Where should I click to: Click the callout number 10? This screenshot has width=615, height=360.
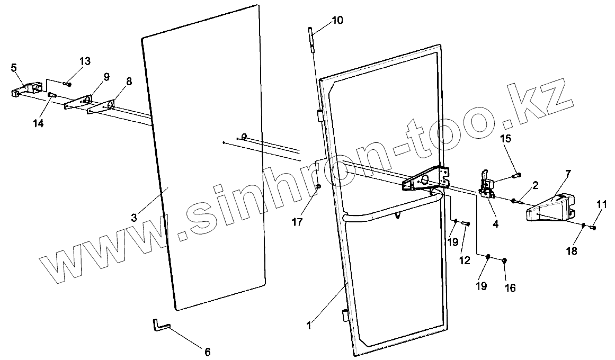(x=337, y=21)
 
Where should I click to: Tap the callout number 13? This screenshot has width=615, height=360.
(x=85, y=61)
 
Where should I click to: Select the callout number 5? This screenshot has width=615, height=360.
(x=13, y=67)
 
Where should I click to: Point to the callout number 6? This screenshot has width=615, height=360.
(x=207, y=351)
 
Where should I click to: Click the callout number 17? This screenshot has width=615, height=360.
(x=297, y=222)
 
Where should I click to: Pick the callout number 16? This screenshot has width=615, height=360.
(x=510, y=287)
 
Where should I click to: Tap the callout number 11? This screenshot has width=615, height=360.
(x=602, y=204)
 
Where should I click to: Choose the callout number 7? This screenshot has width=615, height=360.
(x=567, y=174)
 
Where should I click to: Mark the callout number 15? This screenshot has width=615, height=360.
(x=506, y=139)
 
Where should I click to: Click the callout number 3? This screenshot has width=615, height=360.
(x=134, y=218)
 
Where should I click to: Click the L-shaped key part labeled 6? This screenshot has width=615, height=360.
(x=159, y=324)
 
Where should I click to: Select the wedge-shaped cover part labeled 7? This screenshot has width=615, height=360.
(x=551, y=209)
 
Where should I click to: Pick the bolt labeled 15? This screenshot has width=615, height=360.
(x=517, y=176)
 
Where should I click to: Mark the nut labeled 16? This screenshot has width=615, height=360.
(x=504, y=260)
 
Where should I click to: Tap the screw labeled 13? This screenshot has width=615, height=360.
(x=68, y=84)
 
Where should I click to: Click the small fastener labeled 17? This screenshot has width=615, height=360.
(x=318, y=186)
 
